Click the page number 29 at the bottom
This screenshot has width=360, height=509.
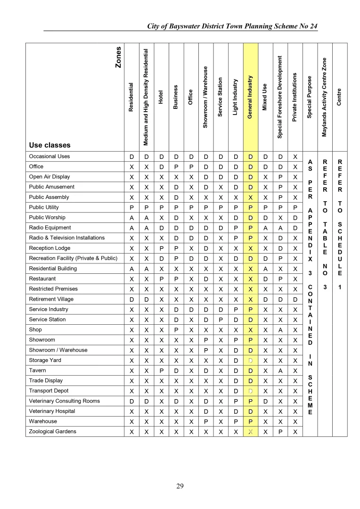pos(180,486)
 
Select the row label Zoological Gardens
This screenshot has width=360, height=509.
pos(52,432)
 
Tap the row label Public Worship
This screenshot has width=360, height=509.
pos(47,218)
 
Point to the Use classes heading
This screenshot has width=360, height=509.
pos(49,145)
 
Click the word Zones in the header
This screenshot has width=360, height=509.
pos(119,57)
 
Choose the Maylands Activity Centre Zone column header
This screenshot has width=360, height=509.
pos(324,98)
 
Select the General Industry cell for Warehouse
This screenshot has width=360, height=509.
pos(251,422)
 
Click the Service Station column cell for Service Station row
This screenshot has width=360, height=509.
pos(220,320)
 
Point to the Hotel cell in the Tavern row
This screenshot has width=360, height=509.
pos(160,371)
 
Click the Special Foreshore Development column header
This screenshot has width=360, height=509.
pos(280,97)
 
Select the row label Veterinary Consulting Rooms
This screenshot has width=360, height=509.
pos(64,401)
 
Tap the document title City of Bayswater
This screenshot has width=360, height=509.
pos(232,26)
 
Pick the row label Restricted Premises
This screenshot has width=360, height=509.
pos(53,289)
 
